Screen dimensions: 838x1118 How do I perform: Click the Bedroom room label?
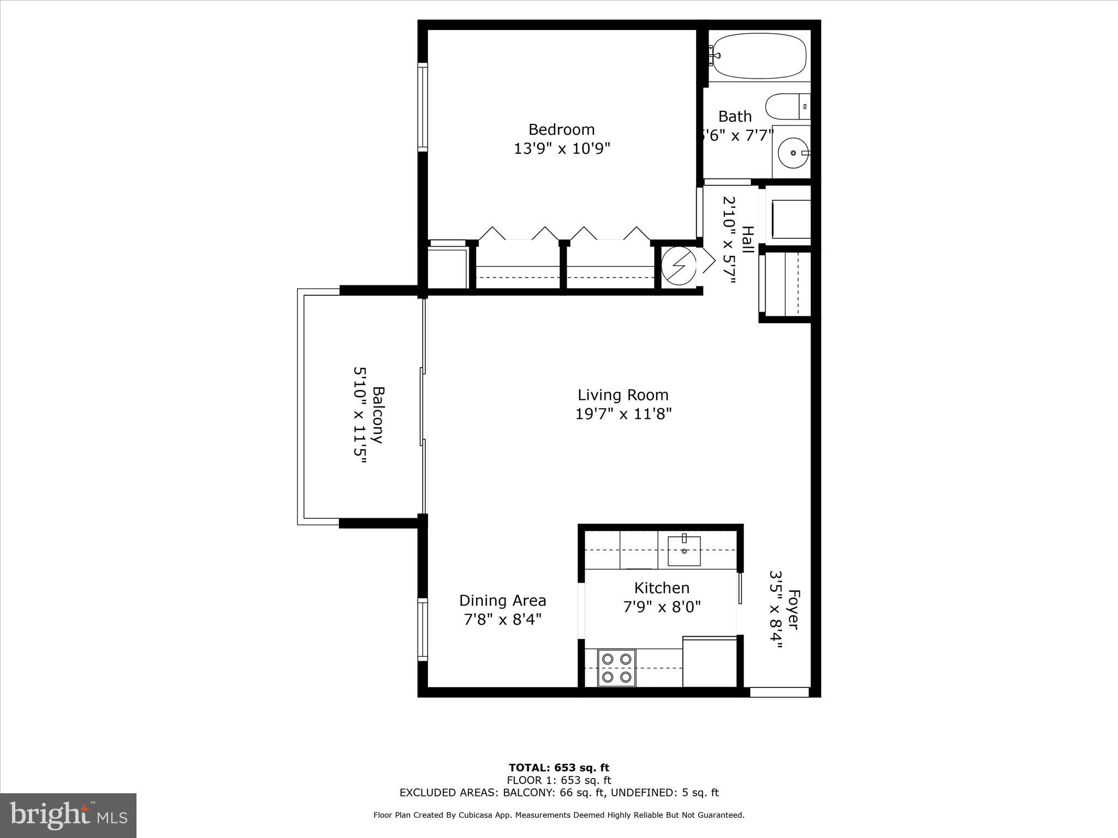tap(561, 130)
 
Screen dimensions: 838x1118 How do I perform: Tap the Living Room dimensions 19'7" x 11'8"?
tap(623, 414)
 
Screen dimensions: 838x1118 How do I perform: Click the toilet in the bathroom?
tap(787, 106)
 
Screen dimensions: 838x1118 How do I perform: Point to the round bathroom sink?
tap(793, 153)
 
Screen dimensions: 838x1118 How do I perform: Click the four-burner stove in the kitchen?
tap(616, 668)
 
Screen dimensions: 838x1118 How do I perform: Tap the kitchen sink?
tap(684, 550)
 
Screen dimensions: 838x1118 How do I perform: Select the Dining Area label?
tap(502, 601)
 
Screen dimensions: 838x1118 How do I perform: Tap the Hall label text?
tap(747, 240)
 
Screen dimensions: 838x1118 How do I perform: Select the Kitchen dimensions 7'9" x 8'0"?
tap(662, 607)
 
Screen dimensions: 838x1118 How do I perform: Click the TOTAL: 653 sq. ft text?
tap(558, 768)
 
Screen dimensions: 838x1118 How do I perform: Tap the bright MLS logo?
tap(68, 816)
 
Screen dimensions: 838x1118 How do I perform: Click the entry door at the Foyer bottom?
tap(779, 692)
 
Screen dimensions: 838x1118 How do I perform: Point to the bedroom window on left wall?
tap(422, 106)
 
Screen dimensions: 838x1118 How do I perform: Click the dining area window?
tap(422, 630)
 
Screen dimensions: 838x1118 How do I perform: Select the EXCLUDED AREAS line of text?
tap(558, 793)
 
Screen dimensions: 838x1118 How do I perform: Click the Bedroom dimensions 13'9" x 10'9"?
tap(561, 148)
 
